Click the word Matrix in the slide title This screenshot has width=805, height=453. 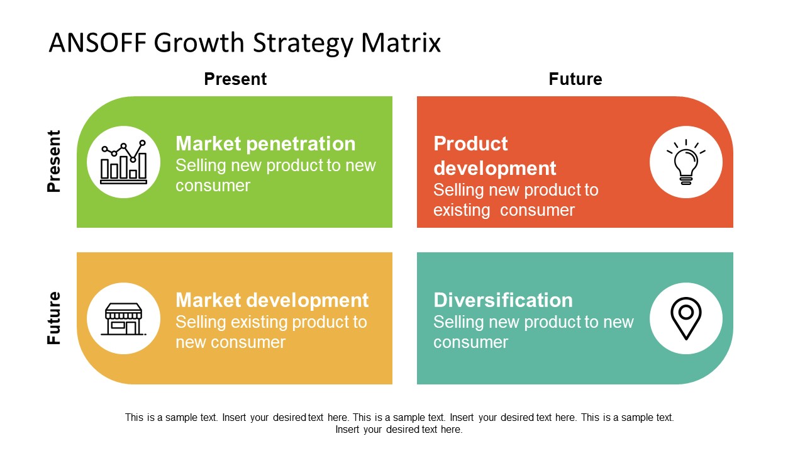click(401, 43)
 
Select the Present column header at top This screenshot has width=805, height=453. click(235, 79)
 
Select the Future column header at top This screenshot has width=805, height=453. click(575, 79)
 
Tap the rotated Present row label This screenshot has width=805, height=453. click(55, 161)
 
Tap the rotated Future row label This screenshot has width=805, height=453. click(55, 318)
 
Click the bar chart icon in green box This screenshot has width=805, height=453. click(124, 162)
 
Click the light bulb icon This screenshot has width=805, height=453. click(686, 162)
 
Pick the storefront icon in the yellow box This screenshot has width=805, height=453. click(124, 318)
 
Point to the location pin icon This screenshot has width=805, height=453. click(686, 318)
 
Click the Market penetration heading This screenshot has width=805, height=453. click(265, 144)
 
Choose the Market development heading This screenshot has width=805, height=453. click(272, 300)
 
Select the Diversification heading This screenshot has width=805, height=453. click(502, 300)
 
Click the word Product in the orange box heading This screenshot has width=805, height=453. click(470, 144)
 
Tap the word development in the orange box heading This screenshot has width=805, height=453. click(494, 169)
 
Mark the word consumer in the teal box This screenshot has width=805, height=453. click(470, 342)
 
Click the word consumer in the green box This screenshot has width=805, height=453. click(213, 186)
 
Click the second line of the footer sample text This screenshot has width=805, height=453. click(399, 430)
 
